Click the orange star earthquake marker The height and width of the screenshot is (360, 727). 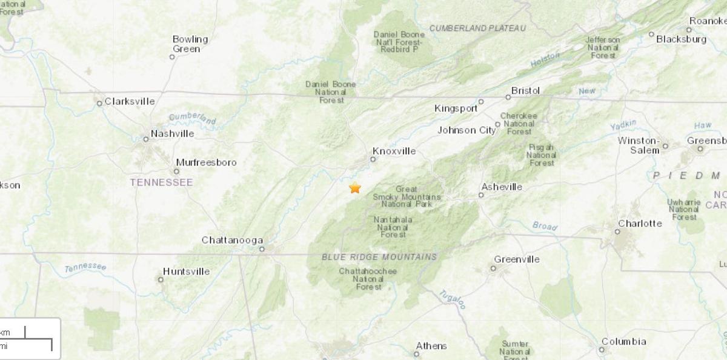click(355, 188)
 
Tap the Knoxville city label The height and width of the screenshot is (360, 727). click(394, 151)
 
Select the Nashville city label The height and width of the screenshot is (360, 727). click(172, 133)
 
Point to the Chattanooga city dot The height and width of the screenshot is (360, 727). click(262, 248)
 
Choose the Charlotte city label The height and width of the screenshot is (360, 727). click(640, 223)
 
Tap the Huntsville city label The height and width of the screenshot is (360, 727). click(186, 272)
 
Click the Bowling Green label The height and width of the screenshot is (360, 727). click(190, 44)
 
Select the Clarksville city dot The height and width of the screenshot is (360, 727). click(99, 103)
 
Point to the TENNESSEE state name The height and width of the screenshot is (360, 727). click(162, 182)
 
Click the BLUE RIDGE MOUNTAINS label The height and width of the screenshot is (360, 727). click(379, 257)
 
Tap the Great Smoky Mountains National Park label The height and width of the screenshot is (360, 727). click(407, 197)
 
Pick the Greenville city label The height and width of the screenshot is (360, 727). click(517, 259)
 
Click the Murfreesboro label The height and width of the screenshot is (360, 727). click(206, 162)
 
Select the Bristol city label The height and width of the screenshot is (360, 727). click(525, 90)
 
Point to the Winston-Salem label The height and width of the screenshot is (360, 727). click(638, 145)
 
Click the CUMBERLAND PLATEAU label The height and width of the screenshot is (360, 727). click(477, 28)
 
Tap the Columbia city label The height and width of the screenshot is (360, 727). click(623, 342)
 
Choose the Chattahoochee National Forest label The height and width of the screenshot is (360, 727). click(368, 279)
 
